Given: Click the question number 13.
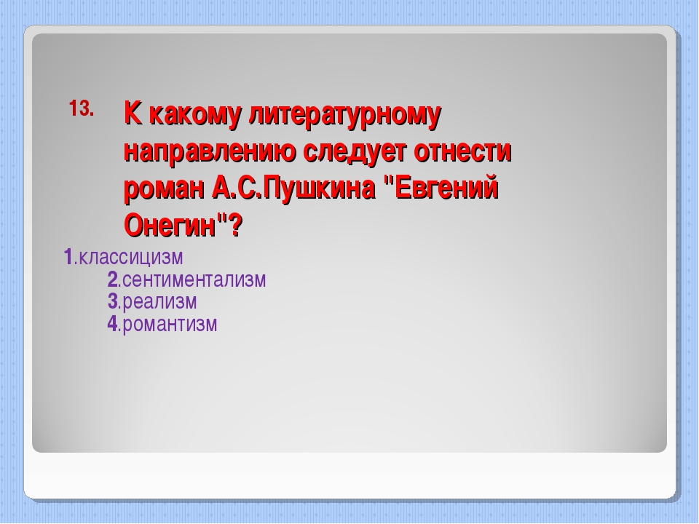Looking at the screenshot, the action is tap(82, 108).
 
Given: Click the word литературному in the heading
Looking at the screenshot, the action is tap(344, 115).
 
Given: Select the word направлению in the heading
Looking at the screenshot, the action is tap(210, 152).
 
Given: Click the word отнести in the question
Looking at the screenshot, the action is tap(462, 152).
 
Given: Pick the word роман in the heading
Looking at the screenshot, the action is tap(164, 189).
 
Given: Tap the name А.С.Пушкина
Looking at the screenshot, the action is tap(293, 188).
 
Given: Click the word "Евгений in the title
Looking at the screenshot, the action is tap(441, 188).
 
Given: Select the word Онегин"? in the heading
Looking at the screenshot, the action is tap(183, 225).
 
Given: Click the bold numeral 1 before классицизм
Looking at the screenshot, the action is tap(68, 257).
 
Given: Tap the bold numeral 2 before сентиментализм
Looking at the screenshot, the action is tap(112, 279).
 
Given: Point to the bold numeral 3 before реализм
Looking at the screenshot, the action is tap(112, 301).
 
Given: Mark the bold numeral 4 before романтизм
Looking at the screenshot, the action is tap(112, 323).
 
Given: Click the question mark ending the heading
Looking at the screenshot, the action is tap(236, 225).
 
